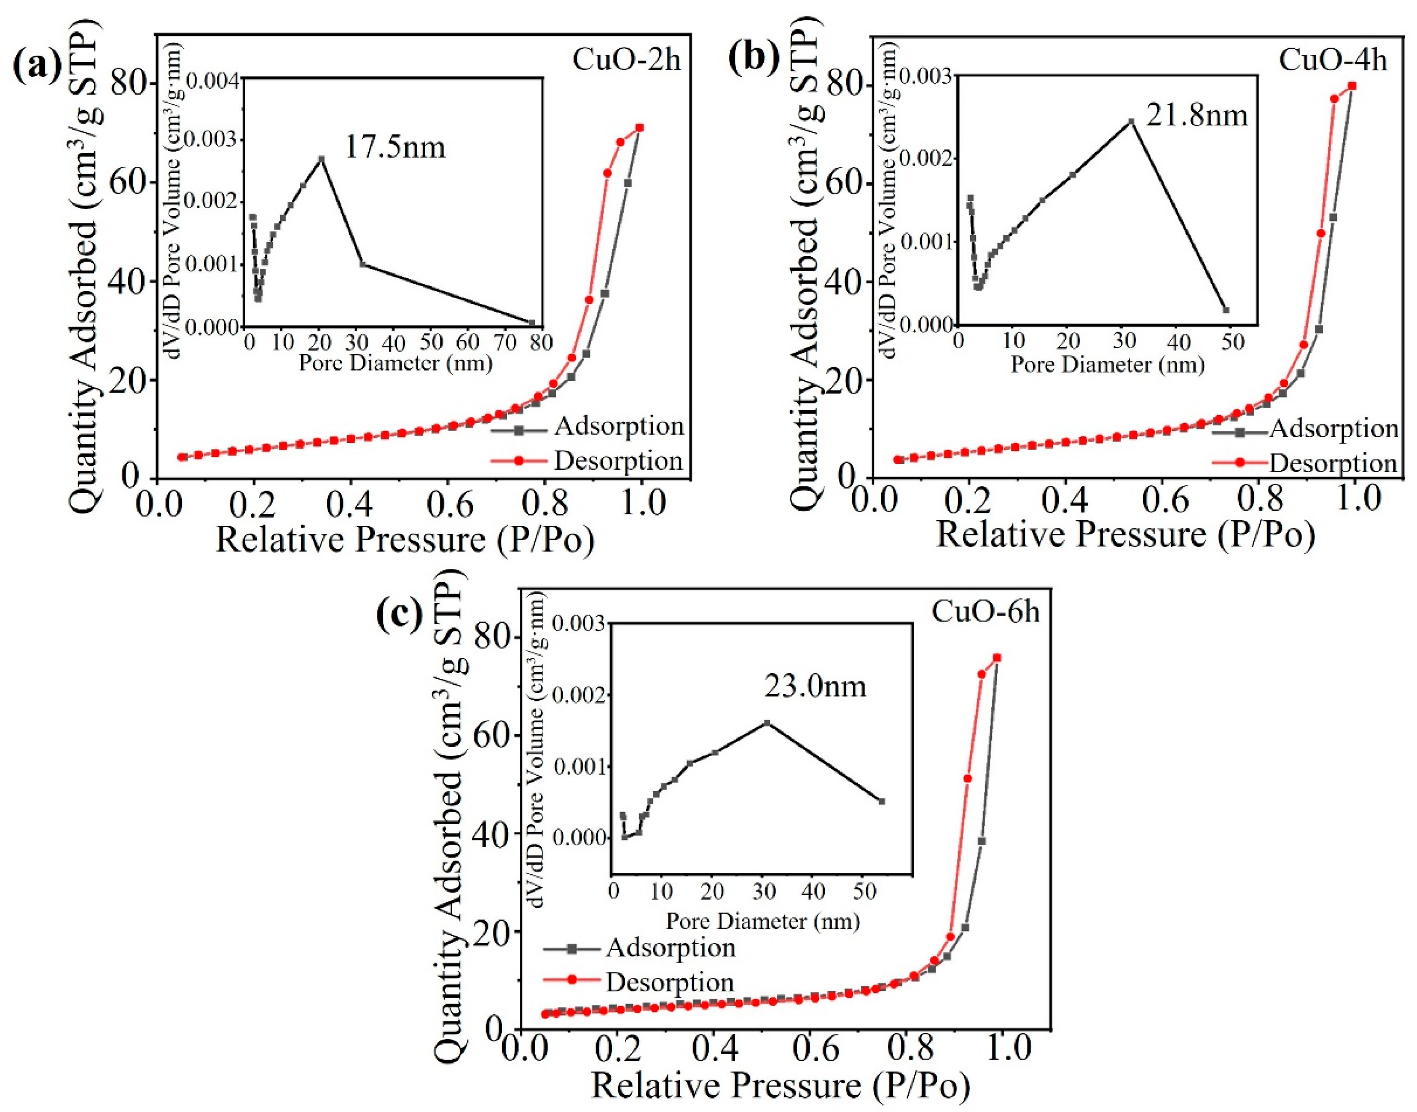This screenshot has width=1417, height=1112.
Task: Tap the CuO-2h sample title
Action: pyautogui.click(x=627, y=60)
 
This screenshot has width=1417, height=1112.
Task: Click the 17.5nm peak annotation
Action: pyautogui.click(x=395, y=148)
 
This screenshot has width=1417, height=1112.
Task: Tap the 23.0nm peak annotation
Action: pyautogui.click(x=815, y=687)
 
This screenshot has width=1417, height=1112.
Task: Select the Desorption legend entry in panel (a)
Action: pyautogui.click(x=617, y=461)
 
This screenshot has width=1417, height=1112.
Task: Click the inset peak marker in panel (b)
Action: pyautogui.click(x=1131, y=121)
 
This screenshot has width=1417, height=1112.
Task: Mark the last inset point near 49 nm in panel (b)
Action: pyautogui.click(x=1226, y=310)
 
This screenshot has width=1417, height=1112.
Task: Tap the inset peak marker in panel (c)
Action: pyautogui.click(x=767, y=722)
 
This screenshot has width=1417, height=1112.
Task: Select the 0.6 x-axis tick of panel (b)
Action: pyautogui.click(x=1163, y=500)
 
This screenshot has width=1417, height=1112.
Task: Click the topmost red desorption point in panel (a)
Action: pyautogui.click(x=640, y=127)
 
